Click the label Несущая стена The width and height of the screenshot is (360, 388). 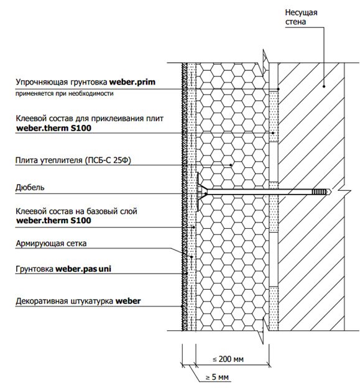point(301,17)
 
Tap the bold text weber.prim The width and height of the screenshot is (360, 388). point(132,82)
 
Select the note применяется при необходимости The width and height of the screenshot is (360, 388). point(64,93)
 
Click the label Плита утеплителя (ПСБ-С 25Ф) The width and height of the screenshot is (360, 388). point(73,160)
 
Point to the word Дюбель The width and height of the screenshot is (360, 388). point(30,187)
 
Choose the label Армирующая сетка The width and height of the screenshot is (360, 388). point(51,244)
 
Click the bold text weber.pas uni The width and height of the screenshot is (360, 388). point(83,269)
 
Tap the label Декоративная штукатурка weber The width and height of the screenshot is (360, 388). point(78,301)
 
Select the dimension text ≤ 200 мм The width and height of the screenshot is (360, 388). point(228,359)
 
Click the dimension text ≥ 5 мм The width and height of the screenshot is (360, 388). point(217,377)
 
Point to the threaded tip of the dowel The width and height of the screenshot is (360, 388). point(321,192)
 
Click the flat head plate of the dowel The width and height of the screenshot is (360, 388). point(198,192)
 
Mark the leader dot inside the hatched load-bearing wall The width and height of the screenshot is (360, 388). point(324,86)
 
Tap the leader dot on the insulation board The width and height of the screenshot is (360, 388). point(231,165)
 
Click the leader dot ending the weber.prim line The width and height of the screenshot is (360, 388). point(278,89)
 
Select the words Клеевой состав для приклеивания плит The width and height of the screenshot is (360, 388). point(90,119)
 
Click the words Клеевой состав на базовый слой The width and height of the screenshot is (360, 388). point(76,211)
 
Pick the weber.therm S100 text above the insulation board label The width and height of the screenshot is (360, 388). point(53,128)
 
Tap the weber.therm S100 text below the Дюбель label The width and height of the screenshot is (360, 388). point(53,221)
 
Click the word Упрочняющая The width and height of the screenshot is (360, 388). point(42,82)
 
